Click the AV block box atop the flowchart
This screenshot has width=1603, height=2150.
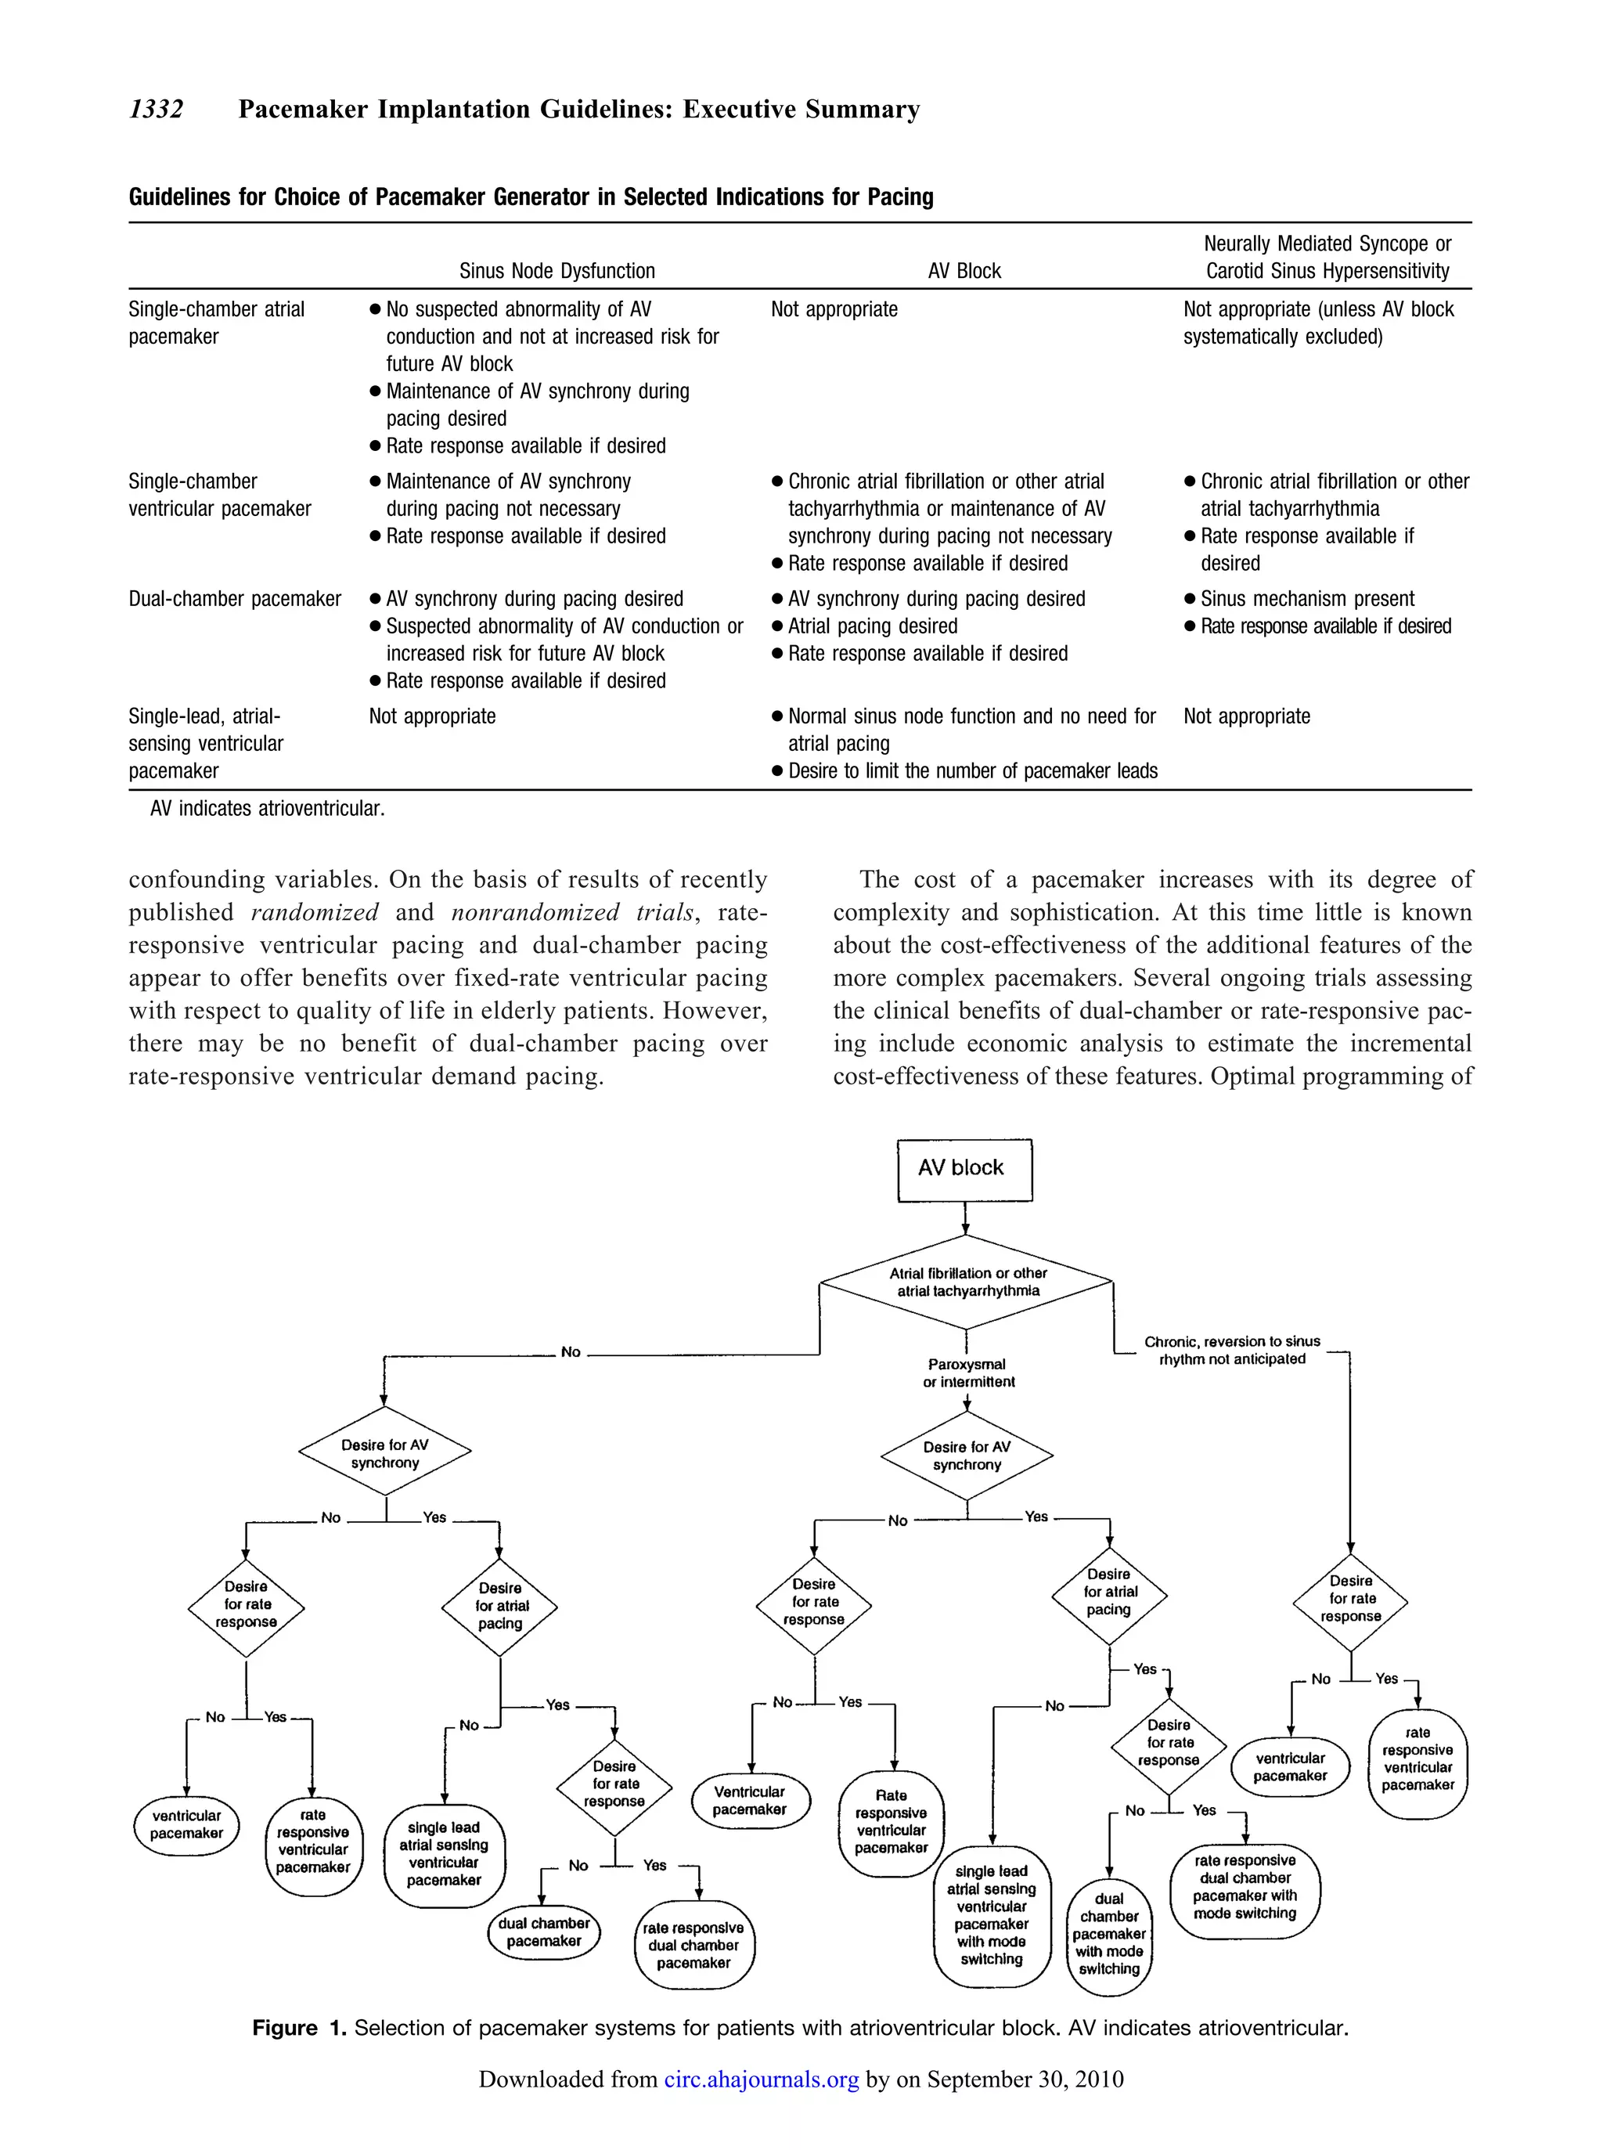(964, 1169)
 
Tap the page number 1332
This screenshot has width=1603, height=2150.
(157, 110)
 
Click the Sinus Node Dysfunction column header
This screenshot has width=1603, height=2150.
(557, 271)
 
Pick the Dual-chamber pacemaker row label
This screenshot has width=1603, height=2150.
(235, 599)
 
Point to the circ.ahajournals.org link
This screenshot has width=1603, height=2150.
(762, 2079)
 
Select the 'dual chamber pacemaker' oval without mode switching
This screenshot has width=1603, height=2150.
(543, 1932)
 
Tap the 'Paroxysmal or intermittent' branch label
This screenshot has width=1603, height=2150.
(967, 1373)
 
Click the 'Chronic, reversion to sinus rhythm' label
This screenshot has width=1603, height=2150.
(1231, 1350)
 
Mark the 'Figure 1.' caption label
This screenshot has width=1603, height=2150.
(298, 2029)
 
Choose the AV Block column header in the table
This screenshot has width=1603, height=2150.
(964, 271)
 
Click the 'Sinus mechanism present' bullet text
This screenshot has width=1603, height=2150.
(1307, 599)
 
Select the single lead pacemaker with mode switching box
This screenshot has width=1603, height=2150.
(991, 1915)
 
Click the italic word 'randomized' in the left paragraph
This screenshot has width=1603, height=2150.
(315, 912)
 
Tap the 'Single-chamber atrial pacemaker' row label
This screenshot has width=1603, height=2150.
(216, 323)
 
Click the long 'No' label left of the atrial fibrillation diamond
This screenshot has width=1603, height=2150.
(571, 1352)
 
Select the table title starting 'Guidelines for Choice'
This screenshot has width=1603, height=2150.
(531, 197)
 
